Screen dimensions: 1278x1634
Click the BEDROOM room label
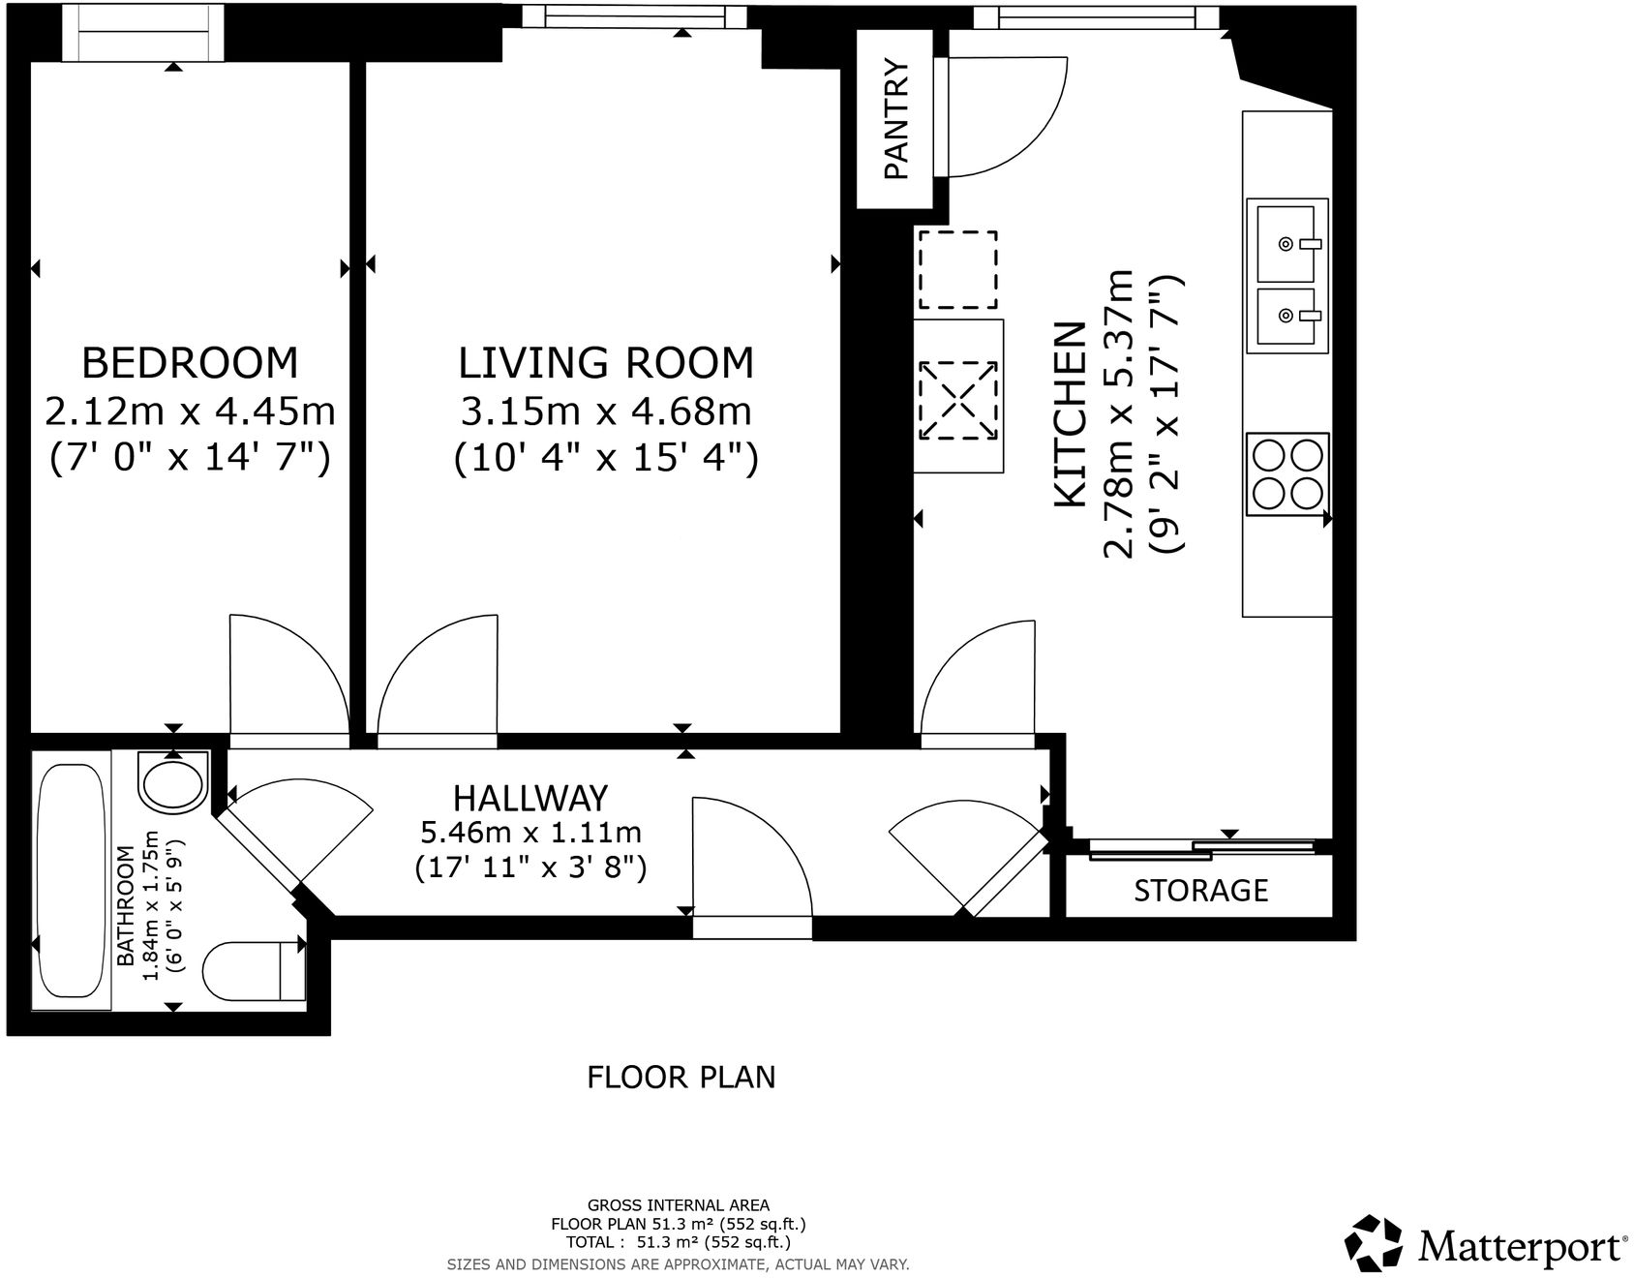click(190, 363)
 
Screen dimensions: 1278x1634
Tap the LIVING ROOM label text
click(605, 363)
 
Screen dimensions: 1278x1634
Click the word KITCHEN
click(1069, 414)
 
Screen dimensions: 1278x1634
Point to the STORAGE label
click(1200, 890)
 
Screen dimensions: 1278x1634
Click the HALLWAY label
click(530, 798)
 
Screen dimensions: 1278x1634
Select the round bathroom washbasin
click(173, 781)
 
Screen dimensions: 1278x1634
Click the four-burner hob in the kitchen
click(1286, 474)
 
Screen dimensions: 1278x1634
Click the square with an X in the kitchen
click(957, 398)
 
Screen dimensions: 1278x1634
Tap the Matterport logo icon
click(1375, 1242)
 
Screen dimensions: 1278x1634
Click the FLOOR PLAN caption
click(681, 1077)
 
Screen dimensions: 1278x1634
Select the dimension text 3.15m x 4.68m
click(605, 411)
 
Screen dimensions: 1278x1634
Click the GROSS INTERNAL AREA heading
click(679, 1204)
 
